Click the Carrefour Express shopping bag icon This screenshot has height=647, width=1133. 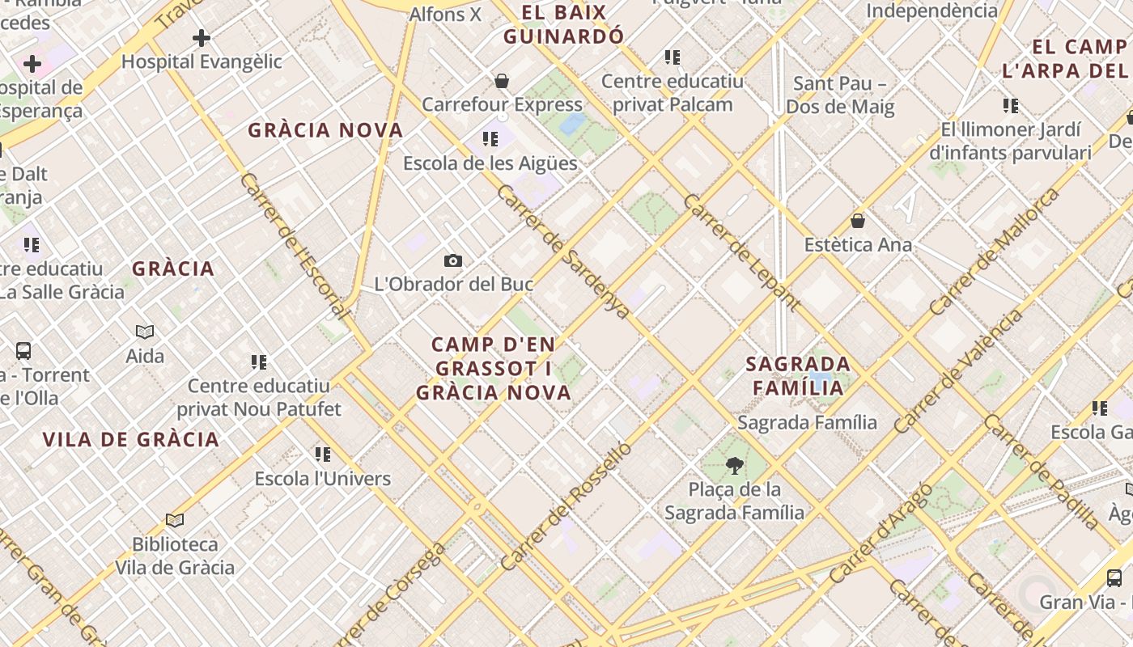(x=502, y=81)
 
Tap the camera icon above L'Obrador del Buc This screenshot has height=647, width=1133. (x=453, y=260)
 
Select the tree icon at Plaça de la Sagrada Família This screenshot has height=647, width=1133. (x=735, y=465)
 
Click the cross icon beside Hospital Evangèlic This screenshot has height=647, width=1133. (x=202, y=38)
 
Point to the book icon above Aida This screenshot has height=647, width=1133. (x=145, y=332)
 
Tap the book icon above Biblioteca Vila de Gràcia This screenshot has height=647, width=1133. (x=175, y=520)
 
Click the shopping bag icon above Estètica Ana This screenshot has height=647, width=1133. (x=858, y=221)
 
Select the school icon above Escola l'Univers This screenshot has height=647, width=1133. (x=323, y=455)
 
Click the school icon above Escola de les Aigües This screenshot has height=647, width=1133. (x=490, y=139)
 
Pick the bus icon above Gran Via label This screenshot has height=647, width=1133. (x=1114, y=577)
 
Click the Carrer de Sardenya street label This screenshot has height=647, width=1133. (x=563, y=252)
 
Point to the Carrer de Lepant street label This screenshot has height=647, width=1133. (x=742, y=253)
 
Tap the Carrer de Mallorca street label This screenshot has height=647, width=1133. (x=995, y=252)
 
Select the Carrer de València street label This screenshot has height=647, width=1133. (x=958, y=371)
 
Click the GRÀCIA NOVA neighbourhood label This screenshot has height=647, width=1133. (x=325, y=130)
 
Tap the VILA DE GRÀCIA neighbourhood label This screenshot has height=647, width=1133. (x=131, y=440)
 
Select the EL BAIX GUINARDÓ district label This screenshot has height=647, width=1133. (x=564, y=24)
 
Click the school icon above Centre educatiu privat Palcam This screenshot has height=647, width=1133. (x=672, y=57)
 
